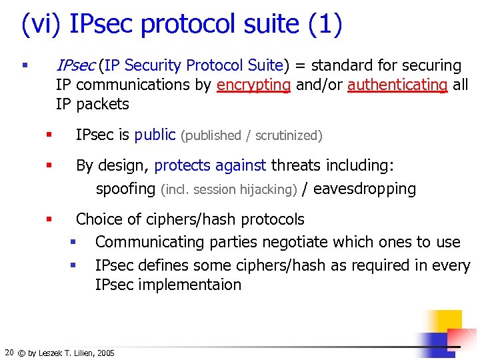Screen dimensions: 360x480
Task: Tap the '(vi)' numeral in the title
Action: (42, 24)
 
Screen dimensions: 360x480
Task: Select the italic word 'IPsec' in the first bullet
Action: (75, 65)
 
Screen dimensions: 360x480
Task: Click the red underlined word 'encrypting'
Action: (253, 85)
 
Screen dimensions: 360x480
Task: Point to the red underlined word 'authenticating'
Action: (397, 85)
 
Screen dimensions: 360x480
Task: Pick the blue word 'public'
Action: (155, 135)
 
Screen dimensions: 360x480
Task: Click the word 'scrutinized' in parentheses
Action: (289, 136)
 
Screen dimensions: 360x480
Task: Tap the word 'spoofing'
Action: (125, 189)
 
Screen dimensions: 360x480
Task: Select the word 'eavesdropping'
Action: (364, 189)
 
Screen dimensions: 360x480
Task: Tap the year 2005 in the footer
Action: (105, 353)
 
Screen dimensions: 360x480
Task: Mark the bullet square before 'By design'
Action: (49, 164)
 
